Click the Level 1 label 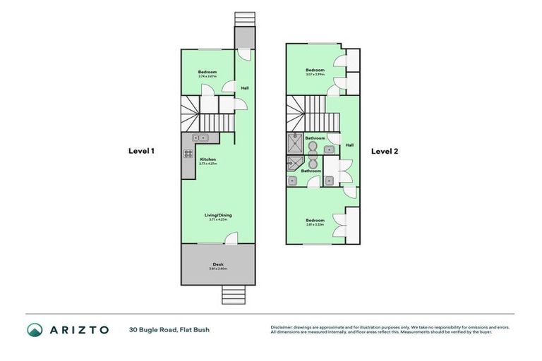coord(141,150)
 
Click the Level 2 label coord(385,150)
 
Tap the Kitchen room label coord(207,160)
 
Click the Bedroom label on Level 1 coord(207,72)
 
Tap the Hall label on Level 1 coord(244,88)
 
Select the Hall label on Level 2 coord(349,145)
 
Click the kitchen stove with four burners coord(188,153)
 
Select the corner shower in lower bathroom coord(293,164)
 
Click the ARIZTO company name coord(78,329)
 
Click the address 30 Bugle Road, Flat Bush coord(169,329)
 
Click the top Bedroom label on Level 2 coord(315,70)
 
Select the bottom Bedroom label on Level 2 coord(315,220)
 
